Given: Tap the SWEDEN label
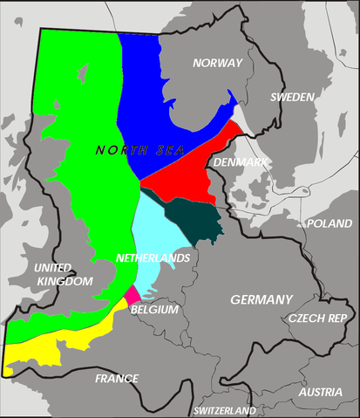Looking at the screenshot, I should tap(291, 97).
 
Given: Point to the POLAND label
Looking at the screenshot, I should tap(329, 223).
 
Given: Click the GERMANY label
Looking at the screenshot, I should tap(262, 299).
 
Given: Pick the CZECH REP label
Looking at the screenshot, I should tap(323, 318).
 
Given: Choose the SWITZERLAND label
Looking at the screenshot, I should tap(225, 410).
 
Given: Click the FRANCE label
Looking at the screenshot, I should tap(117, 378).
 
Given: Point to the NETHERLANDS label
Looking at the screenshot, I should tap(153, 259).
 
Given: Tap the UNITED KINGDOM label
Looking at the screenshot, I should tap(64, 274).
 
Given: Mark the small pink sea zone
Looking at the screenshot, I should tap(132, 295).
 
